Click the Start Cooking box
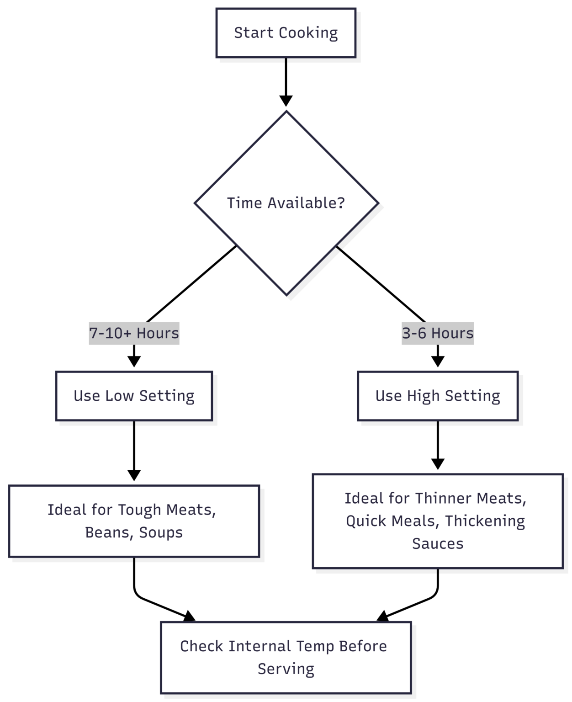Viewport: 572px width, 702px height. click(x=286, y=33)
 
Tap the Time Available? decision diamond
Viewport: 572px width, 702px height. click(x=286, y=203)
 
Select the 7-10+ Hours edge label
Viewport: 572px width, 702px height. click(x=134, y=333)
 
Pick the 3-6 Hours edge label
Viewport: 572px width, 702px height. click(x=438, y=333)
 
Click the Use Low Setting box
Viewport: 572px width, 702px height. click(x=134, y=396)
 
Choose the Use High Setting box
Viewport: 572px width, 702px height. click(x=438, y=396)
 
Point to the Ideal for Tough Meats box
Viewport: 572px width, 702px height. click(x=134, y=521)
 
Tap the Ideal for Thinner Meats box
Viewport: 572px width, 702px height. click(x=438, y=521)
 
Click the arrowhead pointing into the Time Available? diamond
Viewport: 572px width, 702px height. click(x=286, y=101)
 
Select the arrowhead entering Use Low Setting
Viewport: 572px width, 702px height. click(x=134, y=362)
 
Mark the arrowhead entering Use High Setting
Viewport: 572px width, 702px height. click(x=438, y=362)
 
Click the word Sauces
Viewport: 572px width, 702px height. click(x=438, y=544)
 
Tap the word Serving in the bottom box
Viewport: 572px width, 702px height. click(x=286, y=670)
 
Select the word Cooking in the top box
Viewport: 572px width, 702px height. click(x=308, y=33)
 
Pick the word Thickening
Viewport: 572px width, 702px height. click(x=485, y=521)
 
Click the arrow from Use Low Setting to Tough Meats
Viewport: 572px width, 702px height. click(x=134, y=451)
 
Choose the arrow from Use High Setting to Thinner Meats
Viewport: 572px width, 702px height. click(x=438, y=445)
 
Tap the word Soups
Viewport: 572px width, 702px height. click(x=161, y=533)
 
